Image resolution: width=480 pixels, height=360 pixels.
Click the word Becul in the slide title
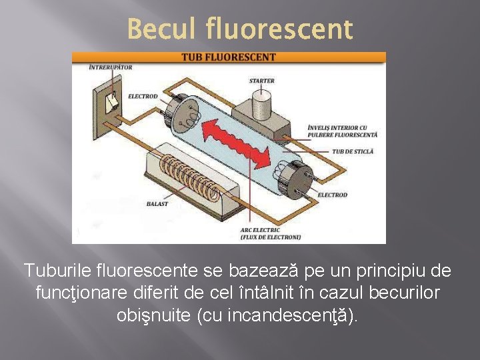162,29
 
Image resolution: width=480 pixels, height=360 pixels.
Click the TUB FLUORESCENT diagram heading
229,57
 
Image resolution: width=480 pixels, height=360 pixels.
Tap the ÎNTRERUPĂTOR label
110,67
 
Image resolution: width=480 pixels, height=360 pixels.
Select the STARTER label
262,81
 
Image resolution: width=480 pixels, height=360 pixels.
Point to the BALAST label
157,204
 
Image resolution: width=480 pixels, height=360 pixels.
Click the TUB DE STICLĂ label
353,152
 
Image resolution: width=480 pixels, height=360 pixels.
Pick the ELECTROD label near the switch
143,97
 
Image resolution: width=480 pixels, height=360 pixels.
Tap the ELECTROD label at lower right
332,195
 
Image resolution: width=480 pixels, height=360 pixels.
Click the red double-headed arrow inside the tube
241,139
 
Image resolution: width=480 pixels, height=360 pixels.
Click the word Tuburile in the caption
61,271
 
